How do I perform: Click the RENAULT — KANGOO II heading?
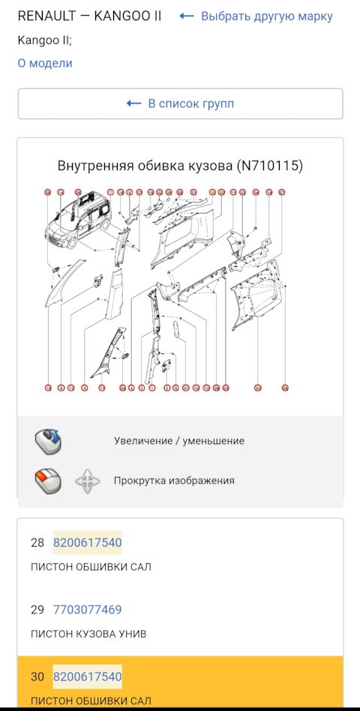(89, 16)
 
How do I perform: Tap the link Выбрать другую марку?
(256, 16)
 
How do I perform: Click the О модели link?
(45, 63)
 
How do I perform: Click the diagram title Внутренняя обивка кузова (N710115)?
(180, 166)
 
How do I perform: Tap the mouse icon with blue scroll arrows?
(48, 441)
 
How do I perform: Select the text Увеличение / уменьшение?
(178, 441)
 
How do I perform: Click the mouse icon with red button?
(48, 481)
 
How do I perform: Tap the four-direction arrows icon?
(88, 481)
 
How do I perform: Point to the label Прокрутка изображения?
(174, 481)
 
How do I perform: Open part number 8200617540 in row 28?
(87, 542)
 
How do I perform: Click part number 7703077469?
(87, 610)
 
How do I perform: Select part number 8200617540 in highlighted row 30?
(87, 677)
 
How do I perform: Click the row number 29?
(37, 610)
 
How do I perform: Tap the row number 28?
(37, 542)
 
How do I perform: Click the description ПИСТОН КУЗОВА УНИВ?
(88, 634)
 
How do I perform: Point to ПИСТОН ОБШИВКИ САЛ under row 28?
(91, 566)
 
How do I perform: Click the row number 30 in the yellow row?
(37, 677)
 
